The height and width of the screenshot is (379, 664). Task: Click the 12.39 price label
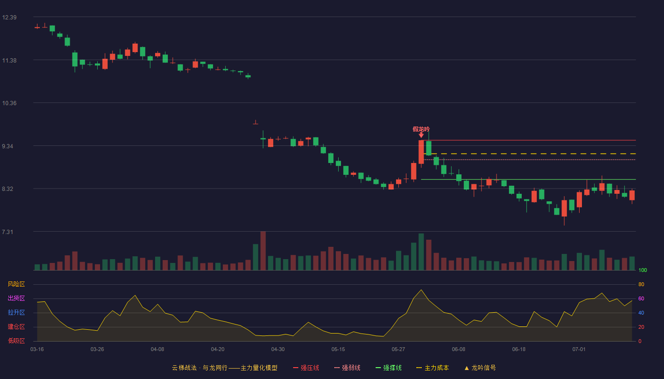point(9,18)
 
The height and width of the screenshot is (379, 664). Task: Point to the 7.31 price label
point(8,232)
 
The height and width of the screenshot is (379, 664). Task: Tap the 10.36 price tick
point(9,103)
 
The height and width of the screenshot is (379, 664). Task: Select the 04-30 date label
point(278,350)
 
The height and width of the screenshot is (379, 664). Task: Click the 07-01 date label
point(579,350)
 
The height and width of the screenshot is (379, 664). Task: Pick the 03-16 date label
point(37,350)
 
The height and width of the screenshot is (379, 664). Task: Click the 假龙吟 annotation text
point(421,129)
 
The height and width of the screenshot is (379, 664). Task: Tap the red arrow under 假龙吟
point(421,135)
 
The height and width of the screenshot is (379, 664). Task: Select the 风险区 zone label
point(16,284)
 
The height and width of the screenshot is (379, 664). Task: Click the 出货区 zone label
point(16,298)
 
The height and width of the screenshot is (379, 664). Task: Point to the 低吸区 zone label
point(16,341)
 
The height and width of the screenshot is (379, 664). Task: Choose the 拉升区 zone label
point(16,312)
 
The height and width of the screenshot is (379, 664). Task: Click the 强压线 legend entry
point(306,368)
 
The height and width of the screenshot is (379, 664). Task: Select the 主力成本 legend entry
point(433,368)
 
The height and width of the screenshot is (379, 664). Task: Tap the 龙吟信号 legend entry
point(480,368)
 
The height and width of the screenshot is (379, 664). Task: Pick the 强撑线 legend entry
point(388,368)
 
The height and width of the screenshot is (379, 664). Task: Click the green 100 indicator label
point(643,270)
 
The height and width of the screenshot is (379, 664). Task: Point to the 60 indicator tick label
point(641,298)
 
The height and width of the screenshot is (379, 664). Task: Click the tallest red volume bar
point(263,251)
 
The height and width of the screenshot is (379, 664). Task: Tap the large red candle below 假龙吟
point(421,152)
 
